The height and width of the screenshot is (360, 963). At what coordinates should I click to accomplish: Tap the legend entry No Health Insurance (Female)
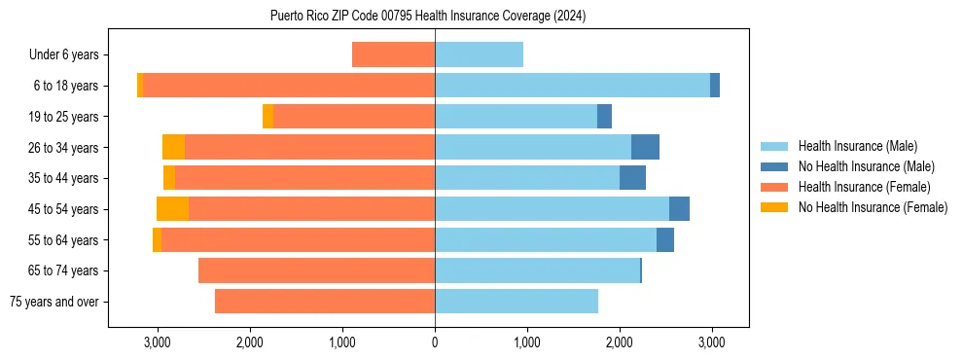873,207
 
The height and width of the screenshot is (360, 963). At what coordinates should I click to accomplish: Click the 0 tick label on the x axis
435,342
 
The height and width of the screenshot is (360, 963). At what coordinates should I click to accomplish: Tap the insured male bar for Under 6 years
479,55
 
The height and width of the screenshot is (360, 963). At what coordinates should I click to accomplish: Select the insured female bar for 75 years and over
325,302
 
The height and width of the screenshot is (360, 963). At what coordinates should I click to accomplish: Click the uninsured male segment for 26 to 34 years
645,148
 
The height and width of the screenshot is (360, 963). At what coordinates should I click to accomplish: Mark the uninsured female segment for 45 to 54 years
172,209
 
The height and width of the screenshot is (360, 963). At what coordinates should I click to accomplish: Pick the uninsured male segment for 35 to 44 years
632,178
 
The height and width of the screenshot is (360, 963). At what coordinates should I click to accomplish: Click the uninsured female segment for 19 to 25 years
268,117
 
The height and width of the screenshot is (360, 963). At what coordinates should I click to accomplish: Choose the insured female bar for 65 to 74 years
316,270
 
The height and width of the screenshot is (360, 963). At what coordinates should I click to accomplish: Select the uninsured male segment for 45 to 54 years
679,209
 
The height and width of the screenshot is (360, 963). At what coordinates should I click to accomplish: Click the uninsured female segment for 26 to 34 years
173,148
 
